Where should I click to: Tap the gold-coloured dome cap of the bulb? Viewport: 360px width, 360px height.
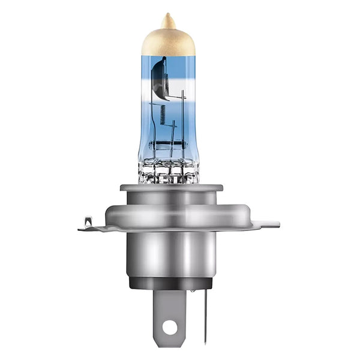click(169, 41)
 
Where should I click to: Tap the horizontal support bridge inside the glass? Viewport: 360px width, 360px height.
click(170, 145)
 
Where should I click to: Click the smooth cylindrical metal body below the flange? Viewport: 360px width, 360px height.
click(171, 252)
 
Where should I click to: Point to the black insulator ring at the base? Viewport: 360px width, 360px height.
click(171, 282)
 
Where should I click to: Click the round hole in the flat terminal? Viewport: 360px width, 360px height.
click(170, 327)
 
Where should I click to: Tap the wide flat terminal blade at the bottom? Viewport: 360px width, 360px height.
click(170, 309)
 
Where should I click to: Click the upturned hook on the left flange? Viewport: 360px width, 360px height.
click(88, 221)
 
